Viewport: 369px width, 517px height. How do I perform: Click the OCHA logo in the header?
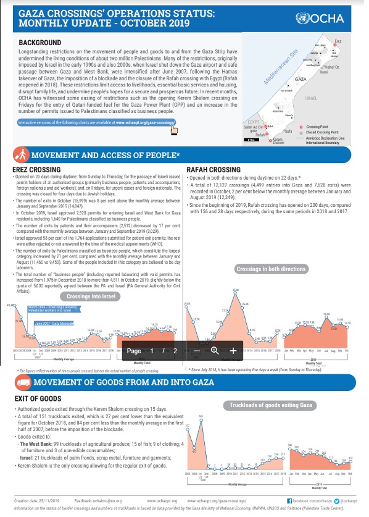333,18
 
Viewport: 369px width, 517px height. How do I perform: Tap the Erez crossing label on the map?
338,41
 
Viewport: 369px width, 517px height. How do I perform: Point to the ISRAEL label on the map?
311,98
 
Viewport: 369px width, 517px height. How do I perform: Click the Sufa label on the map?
288,132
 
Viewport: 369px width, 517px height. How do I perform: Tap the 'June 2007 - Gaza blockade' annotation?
55,323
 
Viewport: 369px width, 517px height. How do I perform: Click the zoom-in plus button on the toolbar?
233,350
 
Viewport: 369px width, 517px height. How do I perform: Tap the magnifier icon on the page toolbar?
215,350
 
